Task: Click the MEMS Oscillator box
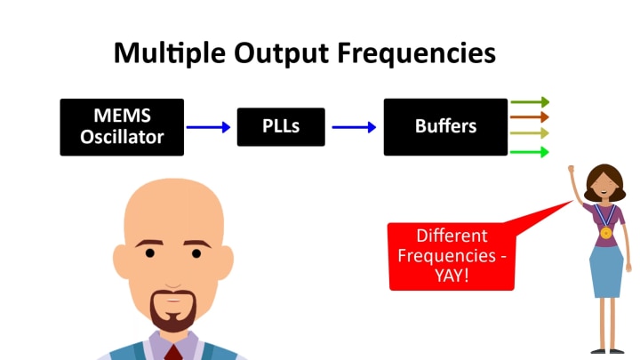point(122,127)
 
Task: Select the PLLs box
point(281,126)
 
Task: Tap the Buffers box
point(445,126)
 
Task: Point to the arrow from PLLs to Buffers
point(354,127)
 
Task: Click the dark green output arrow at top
point(530,102)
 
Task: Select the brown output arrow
point(530,116)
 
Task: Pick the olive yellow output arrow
point(530,132)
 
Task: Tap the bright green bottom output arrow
point(530,152)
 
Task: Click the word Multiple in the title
point(168,53)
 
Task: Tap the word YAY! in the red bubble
point(452,275)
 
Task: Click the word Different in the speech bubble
point(452,236)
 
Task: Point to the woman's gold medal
point(605,233)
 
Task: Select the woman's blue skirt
point(607,272)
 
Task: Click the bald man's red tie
point(173,351)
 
